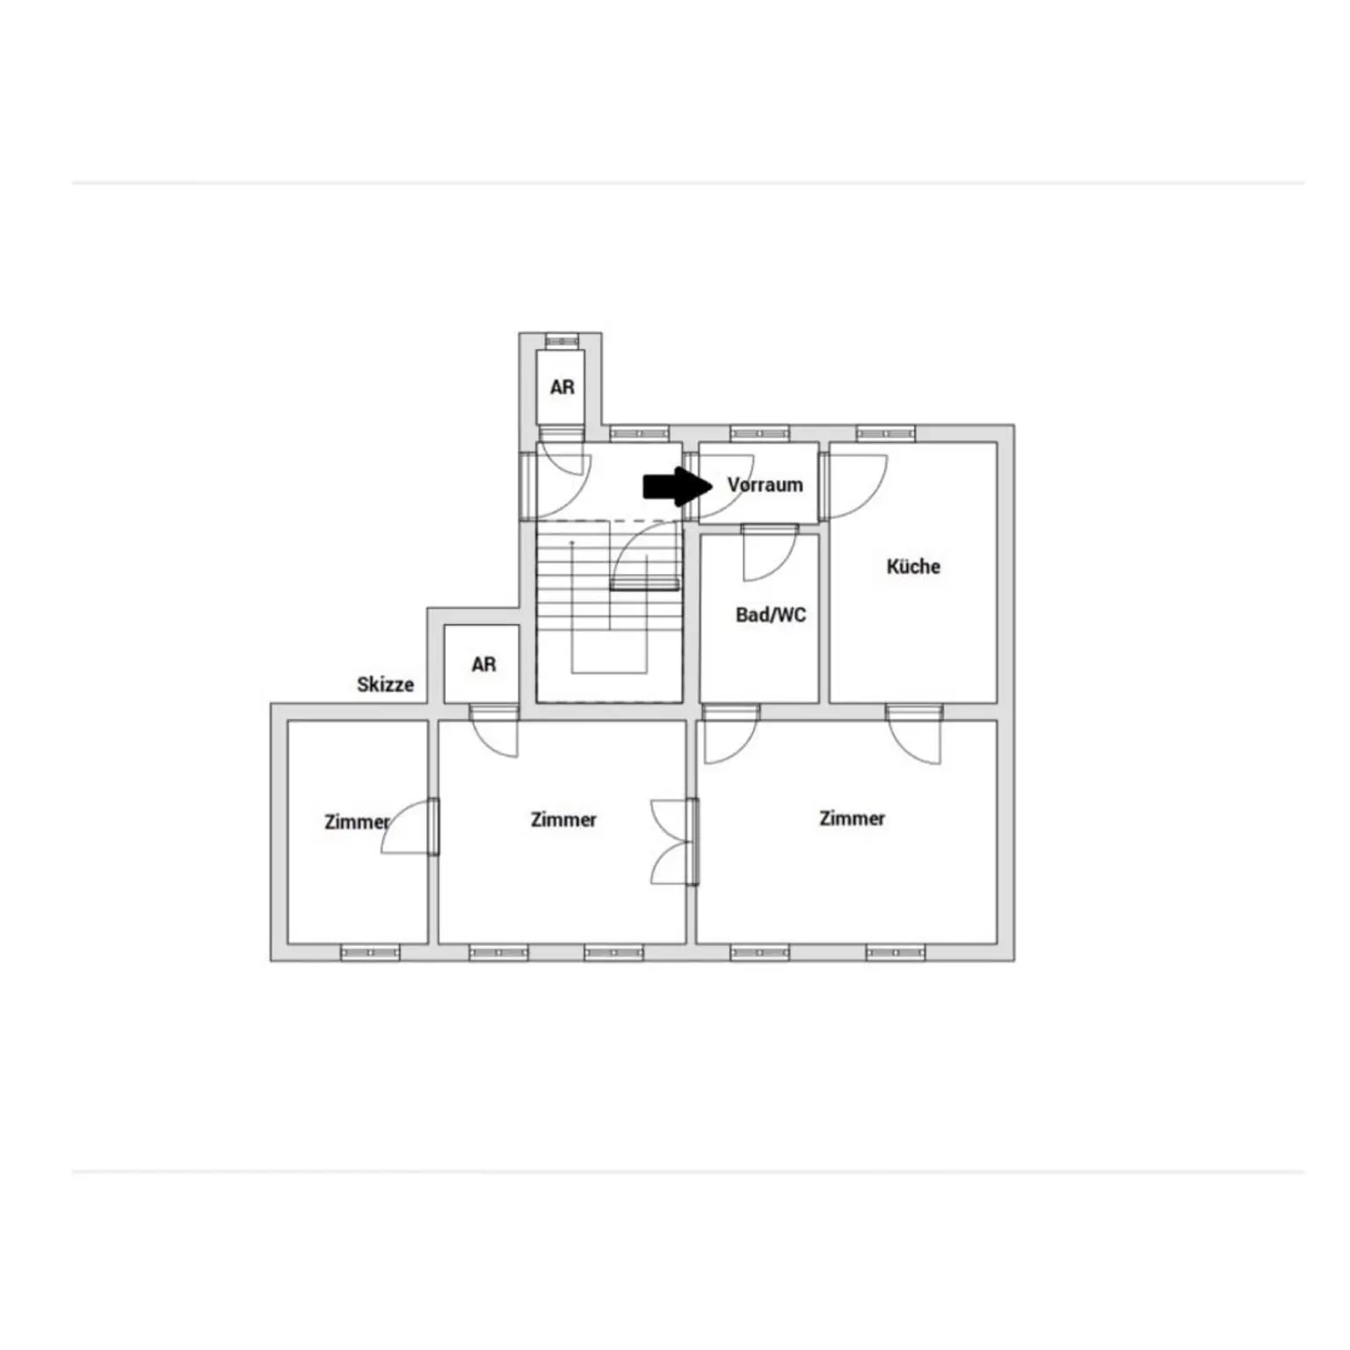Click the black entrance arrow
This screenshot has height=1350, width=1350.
678,486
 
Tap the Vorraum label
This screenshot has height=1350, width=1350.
765,485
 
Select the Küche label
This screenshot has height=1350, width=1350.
913,566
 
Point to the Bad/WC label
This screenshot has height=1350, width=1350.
771,614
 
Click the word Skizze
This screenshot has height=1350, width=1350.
385,684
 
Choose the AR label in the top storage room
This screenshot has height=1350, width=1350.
562,387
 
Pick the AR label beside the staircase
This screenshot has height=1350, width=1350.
483,664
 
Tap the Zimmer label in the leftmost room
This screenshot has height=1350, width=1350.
357,822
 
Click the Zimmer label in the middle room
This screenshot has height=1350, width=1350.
563,819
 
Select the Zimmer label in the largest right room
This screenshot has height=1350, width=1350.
852,818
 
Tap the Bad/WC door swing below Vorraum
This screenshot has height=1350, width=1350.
770,553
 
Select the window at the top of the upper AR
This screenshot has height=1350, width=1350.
562,339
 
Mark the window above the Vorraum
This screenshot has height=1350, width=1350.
759,433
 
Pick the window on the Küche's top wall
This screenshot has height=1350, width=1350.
886,433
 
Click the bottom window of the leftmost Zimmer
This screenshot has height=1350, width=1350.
370,952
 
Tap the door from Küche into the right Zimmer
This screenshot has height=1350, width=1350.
914,734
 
